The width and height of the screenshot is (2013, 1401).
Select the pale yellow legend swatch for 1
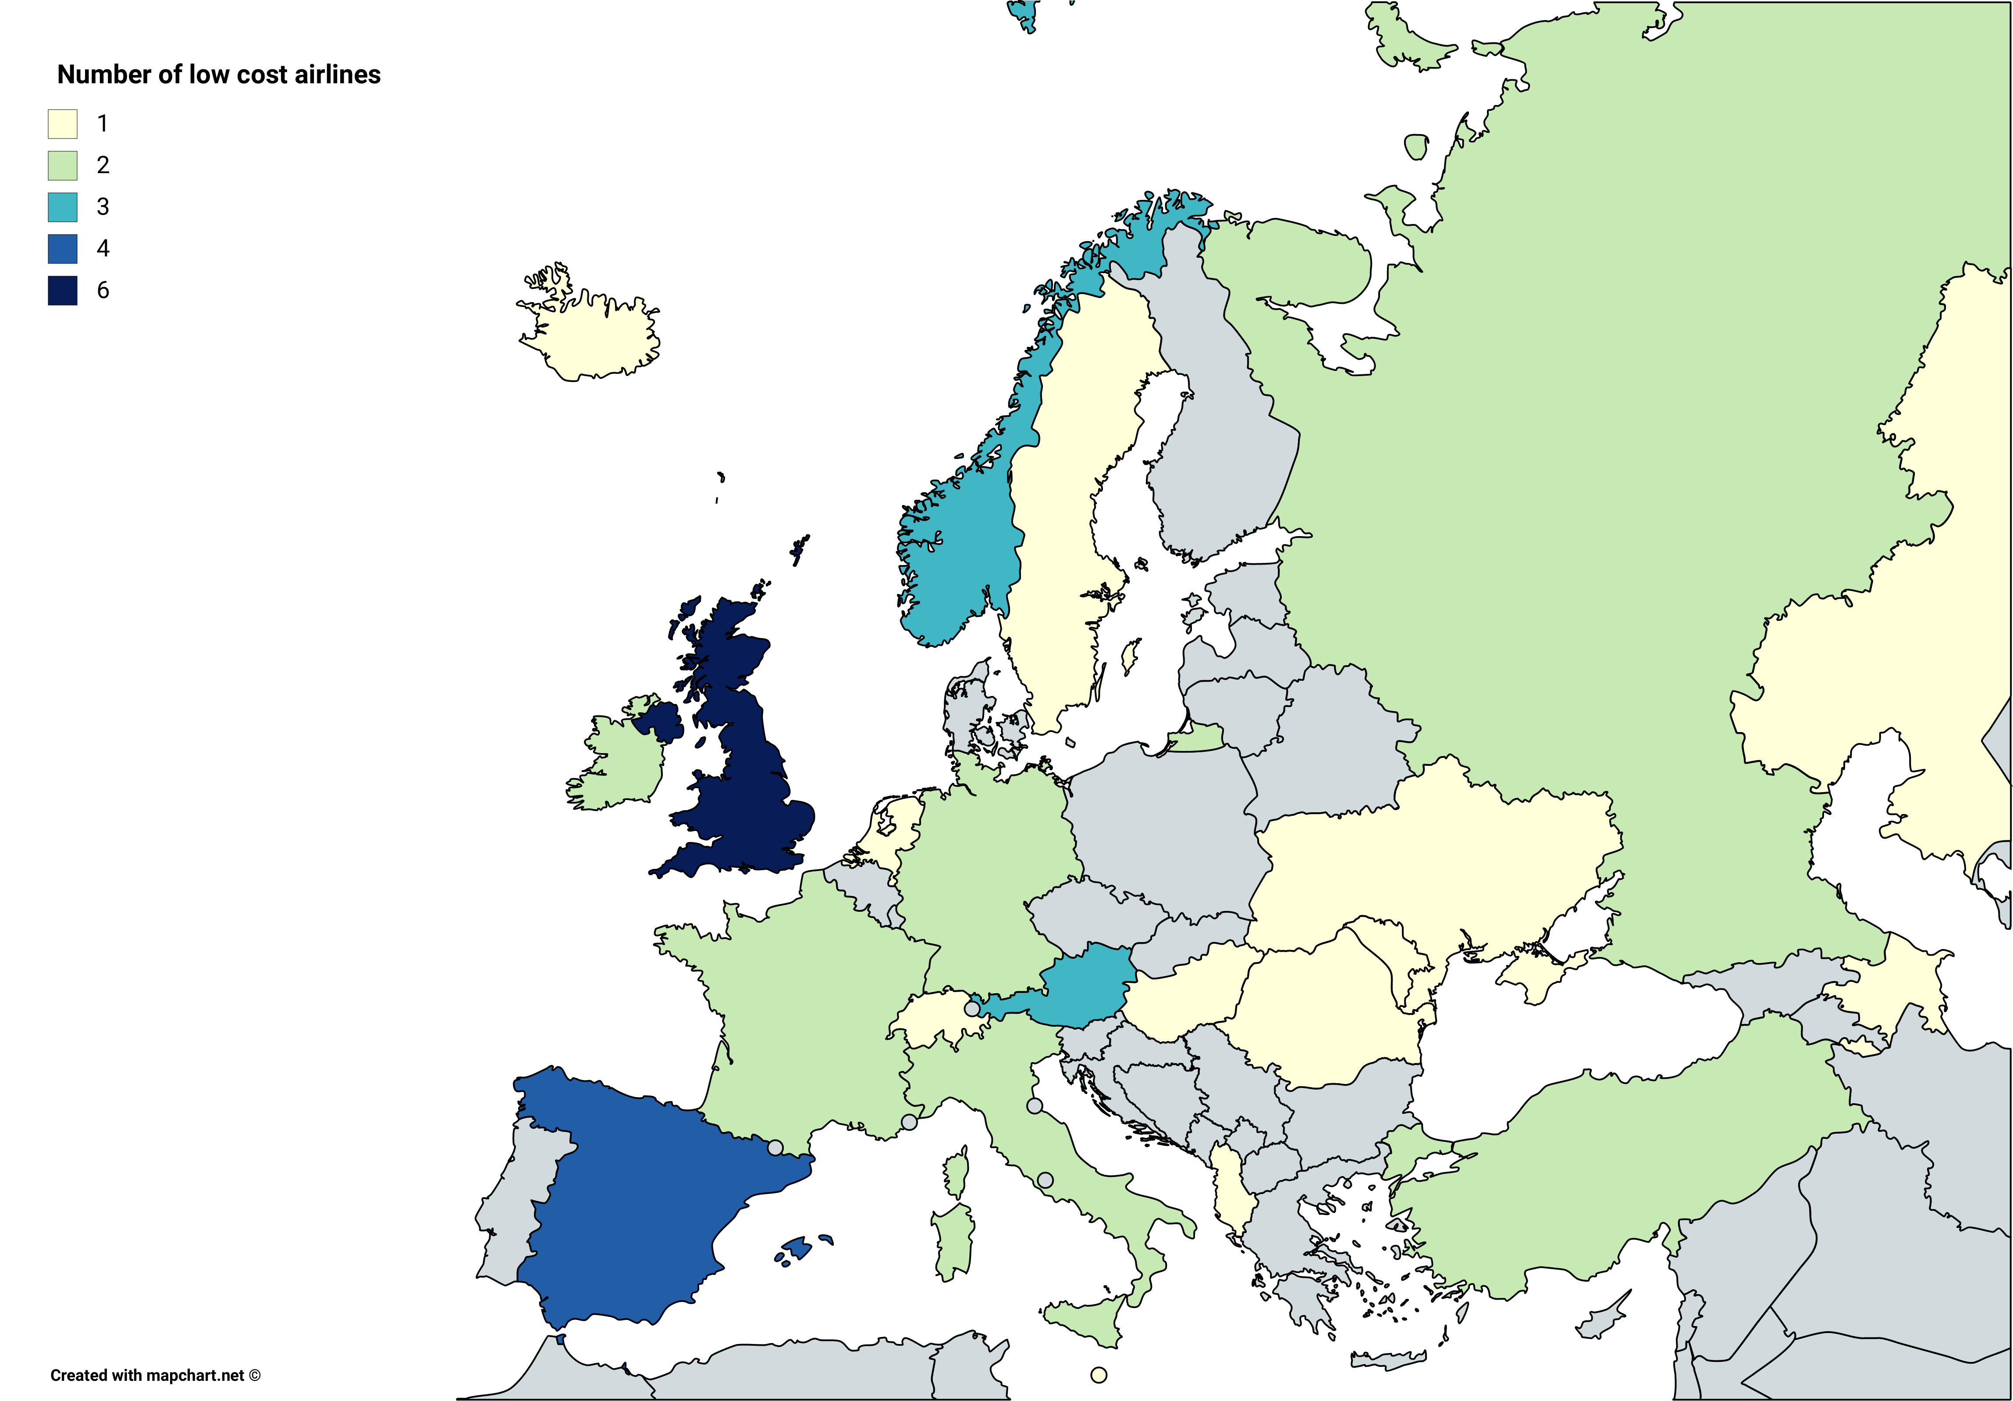point(62,124)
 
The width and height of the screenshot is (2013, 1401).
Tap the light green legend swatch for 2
point(62,165)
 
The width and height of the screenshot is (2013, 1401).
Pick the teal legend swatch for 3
point(62,207)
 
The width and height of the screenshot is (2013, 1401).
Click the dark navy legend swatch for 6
point(62,290)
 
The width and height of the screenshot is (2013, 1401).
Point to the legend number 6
point(103,290)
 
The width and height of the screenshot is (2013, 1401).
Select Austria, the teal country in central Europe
point(1083,986)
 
